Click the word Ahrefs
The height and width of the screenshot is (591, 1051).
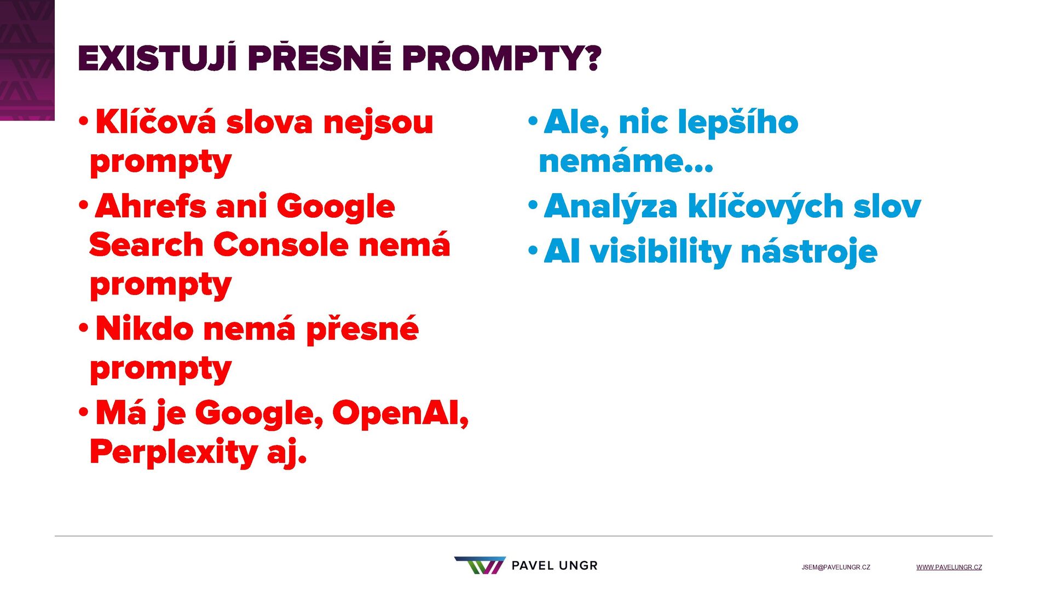(151, 206)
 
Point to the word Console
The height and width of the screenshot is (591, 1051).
(281, 245)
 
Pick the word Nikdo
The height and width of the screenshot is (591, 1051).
(145, 329)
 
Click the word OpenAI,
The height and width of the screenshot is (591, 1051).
(401, 413)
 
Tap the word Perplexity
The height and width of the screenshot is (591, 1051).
(174, 453)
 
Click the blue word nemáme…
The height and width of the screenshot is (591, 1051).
(626, 162)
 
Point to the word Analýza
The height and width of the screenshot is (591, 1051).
(611, 207)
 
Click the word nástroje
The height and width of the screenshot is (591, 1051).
(809, 252)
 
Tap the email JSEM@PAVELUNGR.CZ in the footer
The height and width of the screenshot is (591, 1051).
(836, 567)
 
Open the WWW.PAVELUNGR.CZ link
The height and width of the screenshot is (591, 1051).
(949, 567)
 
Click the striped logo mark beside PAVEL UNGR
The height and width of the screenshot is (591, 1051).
(480, 565)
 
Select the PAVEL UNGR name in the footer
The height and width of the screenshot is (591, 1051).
(555, 566)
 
